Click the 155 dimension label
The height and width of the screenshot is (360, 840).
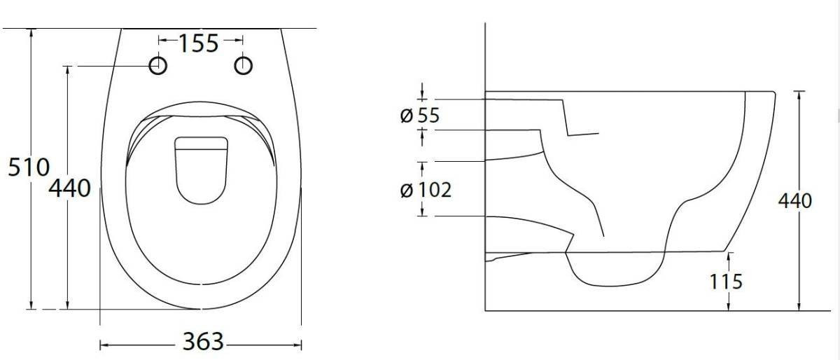(198, 43)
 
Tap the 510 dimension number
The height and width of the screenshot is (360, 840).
(29, 167)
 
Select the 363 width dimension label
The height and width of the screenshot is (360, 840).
(203, 342)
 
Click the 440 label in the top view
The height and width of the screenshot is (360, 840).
(70, 188)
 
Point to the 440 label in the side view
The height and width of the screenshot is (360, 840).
(795, 201)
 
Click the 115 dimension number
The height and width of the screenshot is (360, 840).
(726, 282)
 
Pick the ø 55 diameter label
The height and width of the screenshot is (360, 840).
(419, 116)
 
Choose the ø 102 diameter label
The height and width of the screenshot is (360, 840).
(426, 190)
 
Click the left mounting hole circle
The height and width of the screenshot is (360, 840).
(158, 66)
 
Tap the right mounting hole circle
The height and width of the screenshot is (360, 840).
(244, 66)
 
